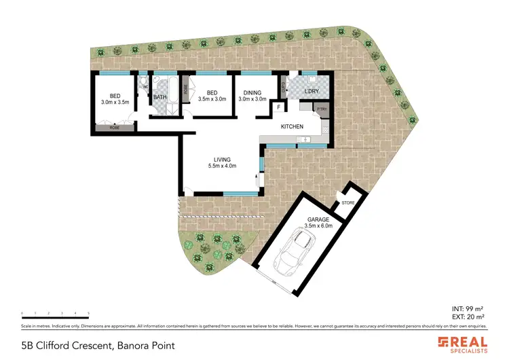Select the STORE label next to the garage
click(348, 202)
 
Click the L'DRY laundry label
click(312, 91)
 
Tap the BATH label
click(159, 98)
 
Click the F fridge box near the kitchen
click(278, 107)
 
